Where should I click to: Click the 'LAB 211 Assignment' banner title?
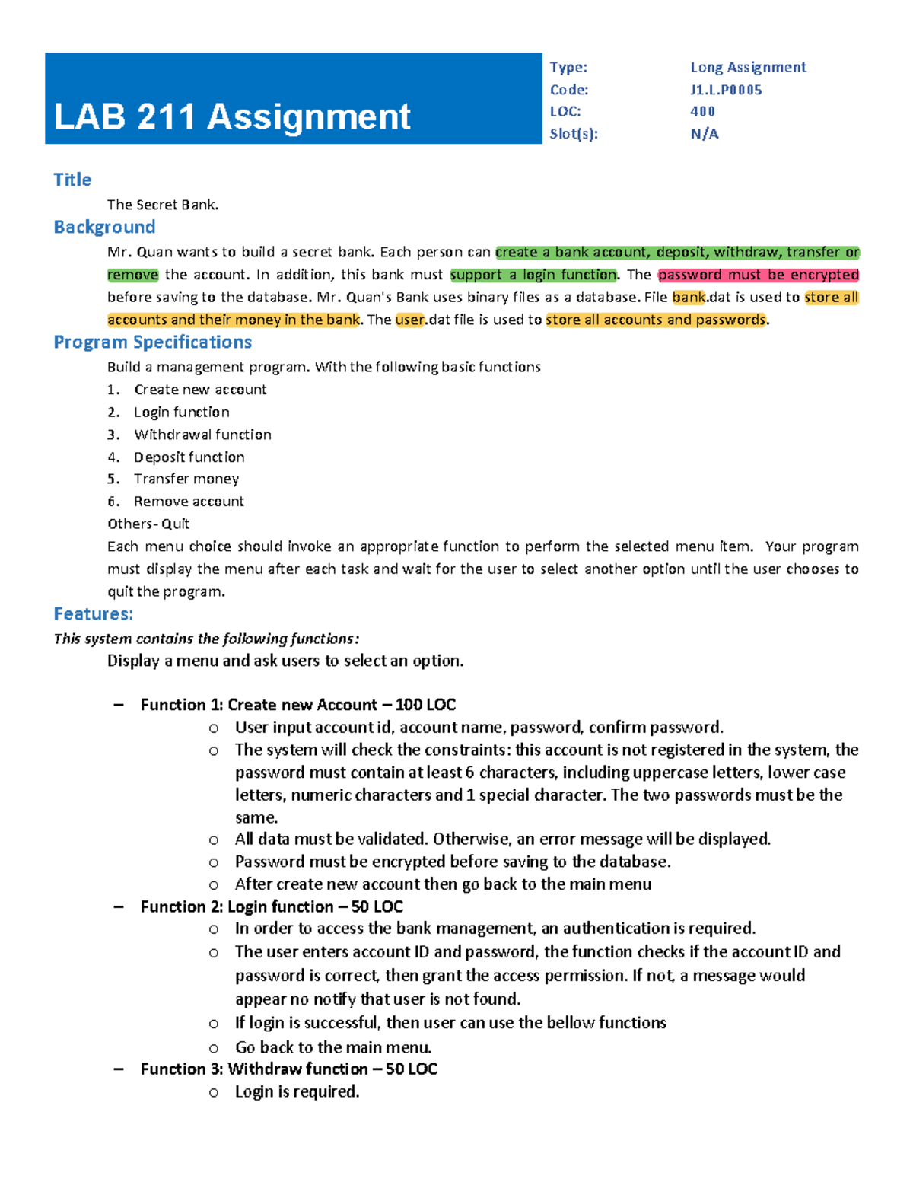[x=232, y=117]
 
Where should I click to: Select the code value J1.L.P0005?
[x=726, y=90]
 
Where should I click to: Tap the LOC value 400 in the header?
[x=702, y=111]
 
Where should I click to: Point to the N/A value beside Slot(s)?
[x=705, y=134]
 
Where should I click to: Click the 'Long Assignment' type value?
[x=748, y=67]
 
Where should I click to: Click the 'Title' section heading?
[x=72, y=180]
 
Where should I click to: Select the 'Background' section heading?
[x=104, y=227]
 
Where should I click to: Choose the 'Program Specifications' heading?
[x=152, y=342]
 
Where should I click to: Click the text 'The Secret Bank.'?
[x=163, y=205]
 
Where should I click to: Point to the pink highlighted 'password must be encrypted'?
[x=758, y=275]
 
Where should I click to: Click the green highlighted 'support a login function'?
[x=533, y=275]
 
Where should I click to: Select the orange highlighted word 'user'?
[x=409, y=320]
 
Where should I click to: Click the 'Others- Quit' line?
[x=148, y=524]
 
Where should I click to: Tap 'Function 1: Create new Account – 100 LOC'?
[x=298, y=705]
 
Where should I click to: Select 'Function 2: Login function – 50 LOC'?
[x=272, y=906]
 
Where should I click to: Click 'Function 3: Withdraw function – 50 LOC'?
[x=289, y=1069]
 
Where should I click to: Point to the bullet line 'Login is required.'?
[x=297, y=1091]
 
